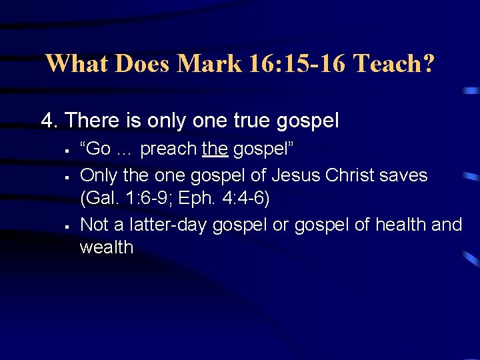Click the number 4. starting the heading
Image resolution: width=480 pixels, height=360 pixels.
pos(49,121)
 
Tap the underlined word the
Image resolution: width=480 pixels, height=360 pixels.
pos(215,149)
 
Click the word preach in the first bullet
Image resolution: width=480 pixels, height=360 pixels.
pos(168,149)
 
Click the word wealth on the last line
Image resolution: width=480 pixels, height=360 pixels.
pos(107,247)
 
